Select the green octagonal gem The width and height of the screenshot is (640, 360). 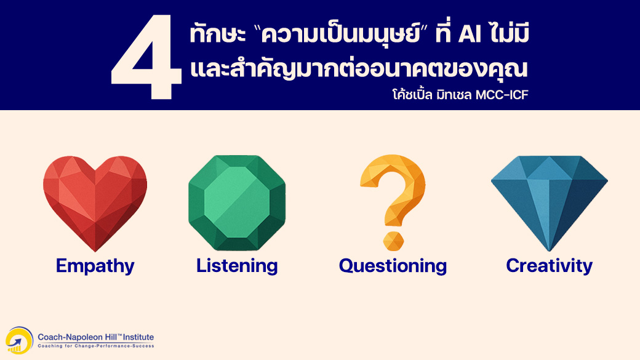pos(237,202)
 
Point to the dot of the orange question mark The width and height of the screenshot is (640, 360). pos(393,241)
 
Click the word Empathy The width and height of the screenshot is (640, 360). pos(95,266)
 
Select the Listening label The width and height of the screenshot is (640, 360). pos(237,266)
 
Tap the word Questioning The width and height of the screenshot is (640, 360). pos(393,266)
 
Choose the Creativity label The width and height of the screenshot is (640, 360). pos(550,266)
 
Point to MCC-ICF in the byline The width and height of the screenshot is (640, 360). pos(502,95)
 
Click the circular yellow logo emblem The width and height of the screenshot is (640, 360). pos(19,340)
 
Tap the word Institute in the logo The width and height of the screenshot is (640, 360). pos(138,337)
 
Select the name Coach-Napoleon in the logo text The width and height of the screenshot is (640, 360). pos(71,337)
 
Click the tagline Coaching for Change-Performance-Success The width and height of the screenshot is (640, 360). pos(96,346)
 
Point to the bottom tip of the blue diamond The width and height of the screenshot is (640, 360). pos(550,251)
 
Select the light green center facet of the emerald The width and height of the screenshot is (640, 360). pos(237,202)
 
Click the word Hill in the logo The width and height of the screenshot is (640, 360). pos(112,337)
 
